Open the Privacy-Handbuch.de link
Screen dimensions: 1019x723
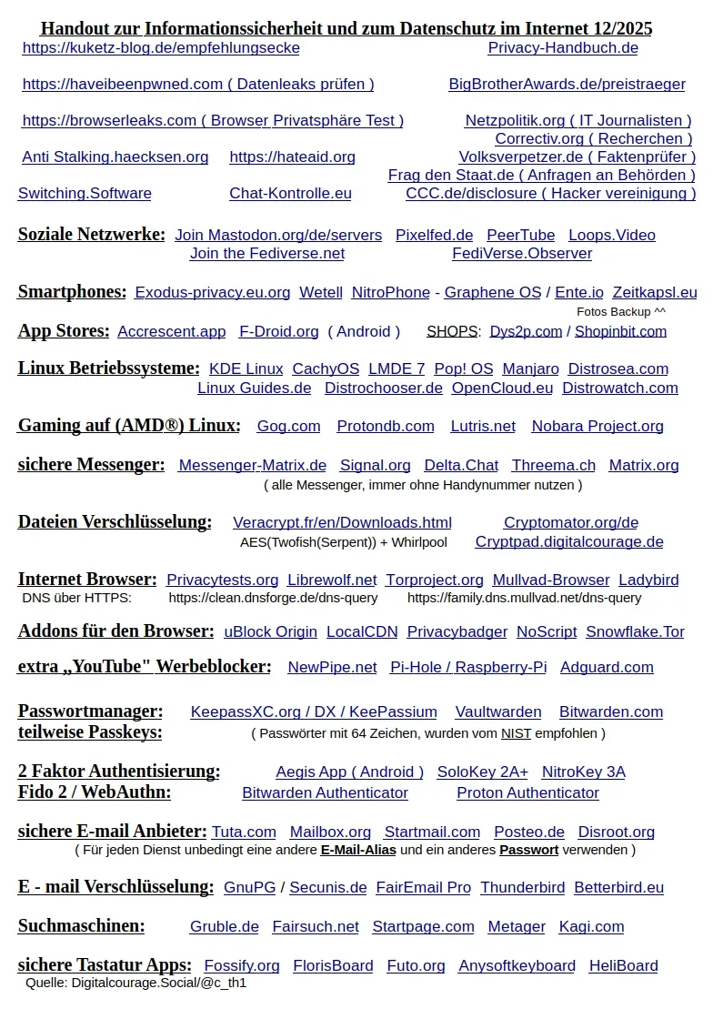pos(563,47)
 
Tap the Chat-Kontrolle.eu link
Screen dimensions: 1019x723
pos(290,193)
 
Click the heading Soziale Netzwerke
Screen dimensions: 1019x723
pos(91,235)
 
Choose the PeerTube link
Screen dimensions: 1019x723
pos(520,235)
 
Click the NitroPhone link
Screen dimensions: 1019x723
pos(390,292)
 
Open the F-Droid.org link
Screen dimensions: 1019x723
pos(278,331)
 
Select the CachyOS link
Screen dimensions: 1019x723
pos(326,368)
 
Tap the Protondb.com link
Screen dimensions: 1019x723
pos(386,426)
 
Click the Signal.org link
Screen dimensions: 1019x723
pos(375,465)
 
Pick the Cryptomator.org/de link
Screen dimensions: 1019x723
pos(571,522)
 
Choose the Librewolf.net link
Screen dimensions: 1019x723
pos(332,580)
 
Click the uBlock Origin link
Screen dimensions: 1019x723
pos(270,631)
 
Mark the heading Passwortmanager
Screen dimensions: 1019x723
pos(90,711)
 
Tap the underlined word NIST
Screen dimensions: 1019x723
pos(516,732)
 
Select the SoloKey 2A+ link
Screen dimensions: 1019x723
pos(482,772)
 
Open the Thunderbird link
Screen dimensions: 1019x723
pos(522,887)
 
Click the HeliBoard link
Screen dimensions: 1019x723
pos(623,965)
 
